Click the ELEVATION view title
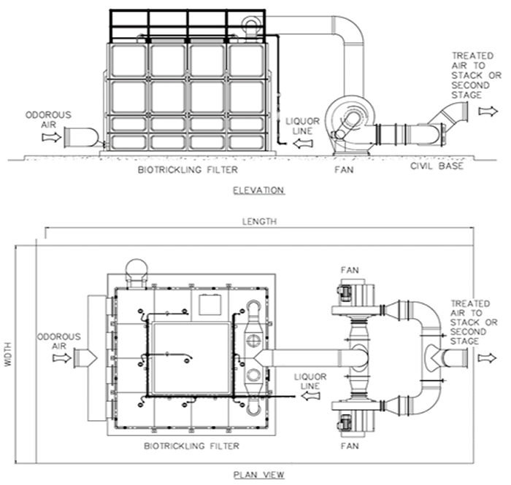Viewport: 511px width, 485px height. pos(258,190)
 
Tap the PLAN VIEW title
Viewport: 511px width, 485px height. pos(258,475)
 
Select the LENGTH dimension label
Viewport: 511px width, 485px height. pos(259,222)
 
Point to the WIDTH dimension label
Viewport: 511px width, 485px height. pos(8,354)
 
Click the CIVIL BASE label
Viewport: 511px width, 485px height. pos(437,166)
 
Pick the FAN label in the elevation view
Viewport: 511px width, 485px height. pos(344,170)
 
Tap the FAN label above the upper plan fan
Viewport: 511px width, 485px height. pos(350,270)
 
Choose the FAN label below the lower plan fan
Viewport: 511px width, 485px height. pos(350,446)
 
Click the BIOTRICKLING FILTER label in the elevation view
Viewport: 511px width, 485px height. pos(188,170)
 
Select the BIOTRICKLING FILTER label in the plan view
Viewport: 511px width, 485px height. pos(191,446)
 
